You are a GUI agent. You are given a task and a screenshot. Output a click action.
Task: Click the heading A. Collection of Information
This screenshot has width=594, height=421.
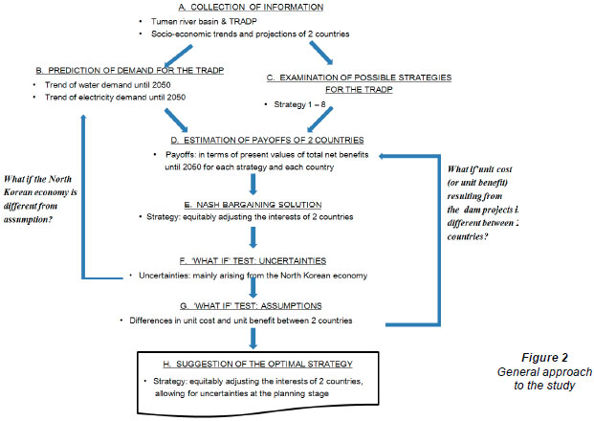(x=244, y=7)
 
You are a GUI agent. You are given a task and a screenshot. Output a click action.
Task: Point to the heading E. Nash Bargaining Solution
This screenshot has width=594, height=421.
(x=265, y=205)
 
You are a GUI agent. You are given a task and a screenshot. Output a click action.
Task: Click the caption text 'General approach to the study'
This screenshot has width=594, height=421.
(x=551, y=378)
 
